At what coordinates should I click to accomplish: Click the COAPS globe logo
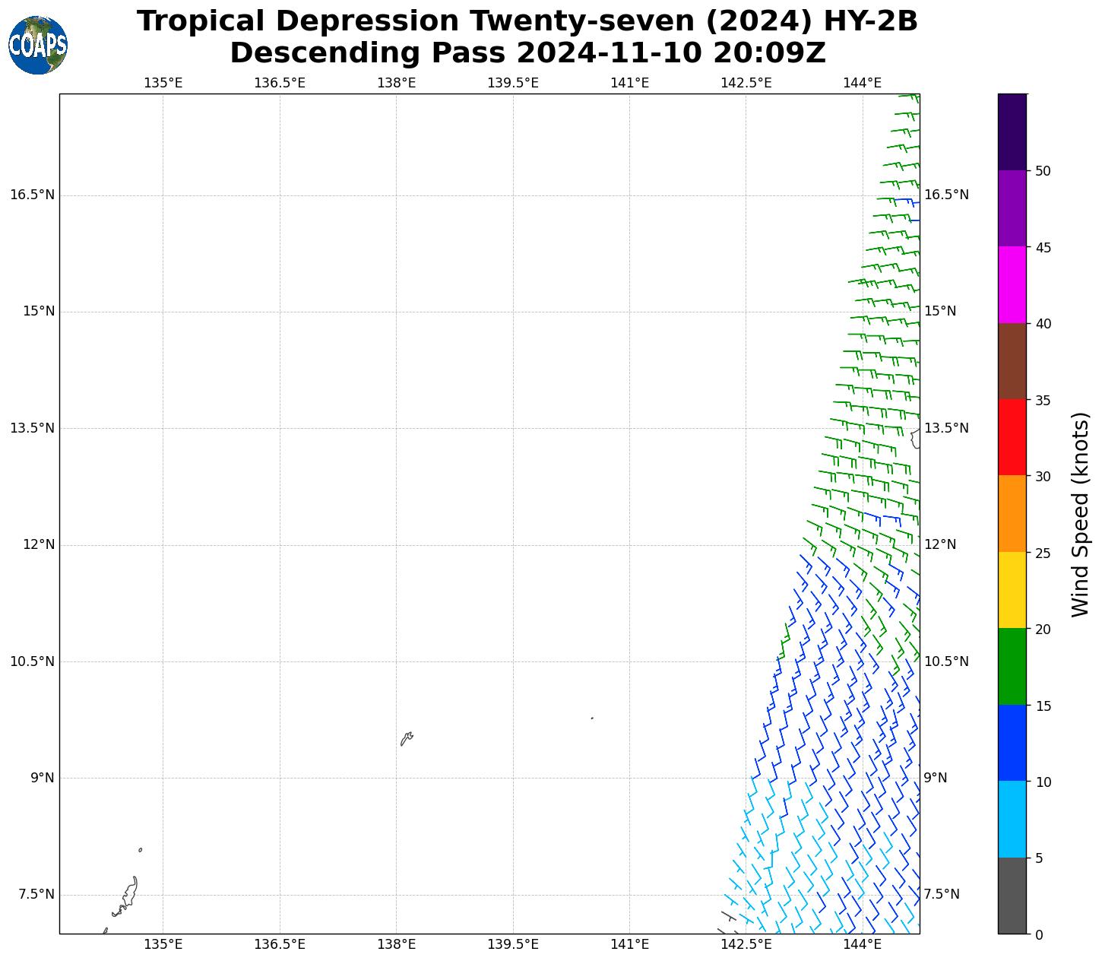[38, 45]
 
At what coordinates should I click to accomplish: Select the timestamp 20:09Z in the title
[769, 53]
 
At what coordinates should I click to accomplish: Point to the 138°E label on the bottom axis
[396, 944]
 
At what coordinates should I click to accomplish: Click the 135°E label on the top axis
[163, 82]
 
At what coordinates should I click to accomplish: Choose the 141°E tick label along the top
[629, 82]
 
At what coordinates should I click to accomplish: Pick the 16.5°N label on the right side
[946, 195]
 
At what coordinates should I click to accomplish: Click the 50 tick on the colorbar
[1043, 170]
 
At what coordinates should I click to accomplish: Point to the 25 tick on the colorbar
[1043, 553]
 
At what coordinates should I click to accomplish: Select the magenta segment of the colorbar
[1012, 284]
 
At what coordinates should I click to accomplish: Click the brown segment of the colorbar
[1012, 361]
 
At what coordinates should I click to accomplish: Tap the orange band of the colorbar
[1012, 514]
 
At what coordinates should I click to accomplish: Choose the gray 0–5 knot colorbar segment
[1012, 896]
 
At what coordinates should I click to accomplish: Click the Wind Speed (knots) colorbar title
[1079, 514]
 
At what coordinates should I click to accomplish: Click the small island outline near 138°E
[407, 738]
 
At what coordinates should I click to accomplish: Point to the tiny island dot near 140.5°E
[592, 718]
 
